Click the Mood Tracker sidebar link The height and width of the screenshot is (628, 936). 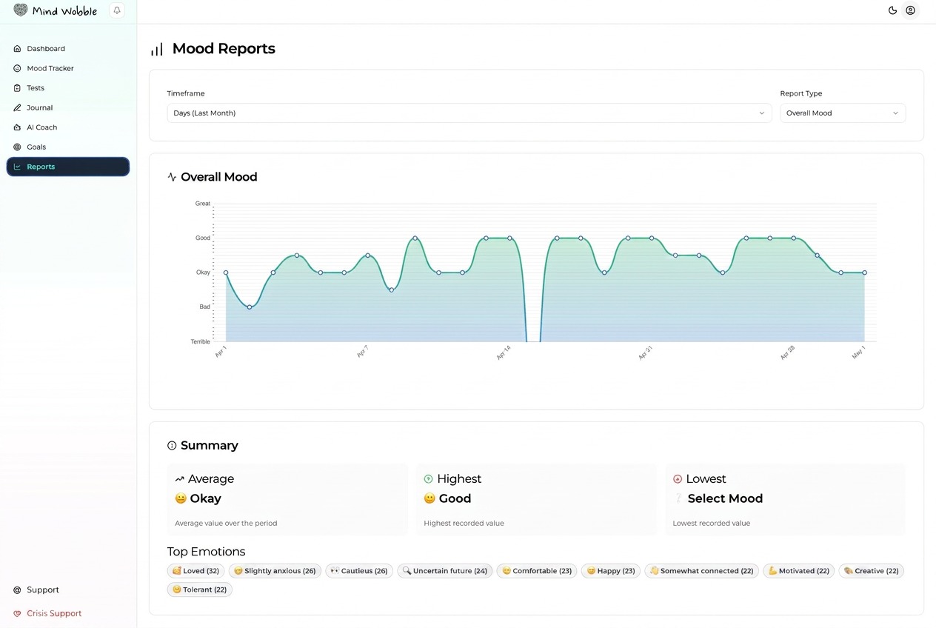pyautogui.click(x=44, y=68)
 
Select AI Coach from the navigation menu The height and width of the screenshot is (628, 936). pyautogui.click(x=36, y=127)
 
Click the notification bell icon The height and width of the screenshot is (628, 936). pyautogui.click(x=117, y=10)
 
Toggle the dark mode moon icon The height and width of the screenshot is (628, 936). pyautogui.click(x=892, y=10)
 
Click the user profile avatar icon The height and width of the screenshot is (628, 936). pyautogui.click(x=910, y=10)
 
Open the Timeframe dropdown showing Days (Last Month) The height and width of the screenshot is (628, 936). pyautogui.click(x=469, y=113)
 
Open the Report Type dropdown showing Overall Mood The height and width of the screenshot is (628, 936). pyautogui.click(x=843, y=113)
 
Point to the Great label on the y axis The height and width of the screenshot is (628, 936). pyautogui.click(x=203, y=204)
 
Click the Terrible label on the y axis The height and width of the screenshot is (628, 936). pyautogui.click(x=200, y=341)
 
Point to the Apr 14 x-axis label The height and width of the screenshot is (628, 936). pyautogui.click(x=504, y=353)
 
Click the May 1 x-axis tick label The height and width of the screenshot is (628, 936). pyautogui.click(x=858, y=353)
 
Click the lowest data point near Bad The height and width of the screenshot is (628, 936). pyautogui.click(x=250, y=307)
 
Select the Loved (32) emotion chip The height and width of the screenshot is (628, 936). pyautogui.click(x=195, y=571)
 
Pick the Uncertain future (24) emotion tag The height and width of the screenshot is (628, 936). pyautogui.click(x=445, y=571)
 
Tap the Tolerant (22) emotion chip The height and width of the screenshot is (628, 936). pyautogui.click(x=200, y=589)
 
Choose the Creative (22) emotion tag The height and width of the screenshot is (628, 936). pyautogui.click(x=872, y=571)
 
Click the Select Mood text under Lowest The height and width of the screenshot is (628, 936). pyautogui.click(x=725, y=498)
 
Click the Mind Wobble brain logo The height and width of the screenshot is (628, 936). pyautogui.click(x=21, y=10)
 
